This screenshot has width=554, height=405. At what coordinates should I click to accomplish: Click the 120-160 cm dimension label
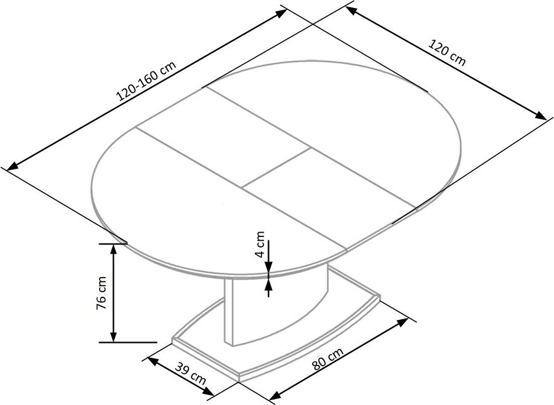(x=146, y=81)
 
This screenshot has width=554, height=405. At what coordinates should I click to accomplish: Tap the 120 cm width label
(x=447, y=53)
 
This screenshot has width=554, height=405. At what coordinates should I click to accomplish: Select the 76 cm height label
(x=102, y=293)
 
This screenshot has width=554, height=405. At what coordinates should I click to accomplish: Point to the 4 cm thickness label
(x=260, y=244)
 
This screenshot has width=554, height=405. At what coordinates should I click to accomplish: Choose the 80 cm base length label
(x=327, y=358)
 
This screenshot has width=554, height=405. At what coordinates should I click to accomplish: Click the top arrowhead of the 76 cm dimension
(x=113, y=249)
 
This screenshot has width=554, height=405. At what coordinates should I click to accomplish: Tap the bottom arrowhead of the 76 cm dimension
(x=113, y=337)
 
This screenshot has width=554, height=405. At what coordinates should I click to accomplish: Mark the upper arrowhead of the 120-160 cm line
(x=281, y=13)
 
